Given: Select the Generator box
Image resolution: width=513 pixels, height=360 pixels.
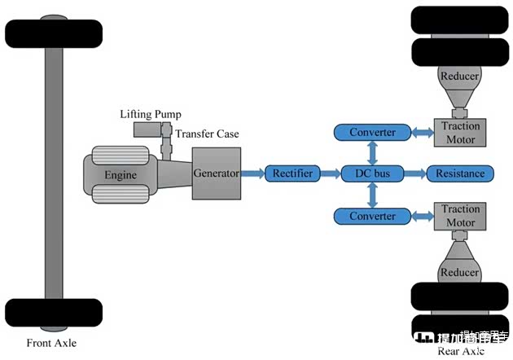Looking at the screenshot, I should click(216, 173).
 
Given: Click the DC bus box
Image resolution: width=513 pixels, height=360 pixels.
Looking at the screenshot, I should click(372, 173).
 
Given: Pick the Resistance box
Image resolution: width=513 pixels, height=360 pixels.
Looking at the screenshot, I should click(460, 173).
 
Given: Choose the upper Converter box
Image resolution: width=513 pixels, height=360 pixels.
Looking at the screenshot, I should click(372, 132).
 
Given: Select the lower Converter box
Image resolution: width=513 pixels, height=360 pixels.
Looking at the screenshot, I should click(372, 216).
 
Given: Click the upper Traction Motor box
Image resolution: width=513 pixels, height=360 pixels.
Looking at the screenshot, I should click(460, 132).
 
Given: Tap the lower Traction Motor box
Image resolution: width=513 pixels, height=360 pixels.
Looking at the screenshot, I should click(460, 216).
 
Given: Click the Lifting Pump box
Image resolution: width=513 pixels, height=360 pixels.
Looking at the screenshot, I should click(148, 130).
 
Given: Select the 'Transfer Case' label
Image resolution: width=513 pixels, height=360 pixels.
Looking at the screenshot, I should click(207, 134).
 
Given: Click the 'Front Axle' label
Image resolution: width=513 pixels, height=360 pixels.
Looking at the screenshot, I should click(51, 343).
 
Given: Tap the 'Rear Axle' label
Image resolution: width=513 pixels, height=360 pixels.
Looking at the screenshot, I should click(460, 351).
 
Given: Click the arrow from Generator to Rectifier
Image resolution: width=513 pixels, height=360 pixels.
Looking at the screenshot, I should click(252, 173).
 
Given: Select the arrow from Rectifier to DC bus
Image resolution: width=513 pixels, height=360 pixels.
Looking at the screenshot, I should click(328, 173).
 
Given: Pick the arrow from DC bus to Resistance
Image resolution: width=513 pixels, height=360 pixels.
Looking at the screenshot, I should click(415, 173).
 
